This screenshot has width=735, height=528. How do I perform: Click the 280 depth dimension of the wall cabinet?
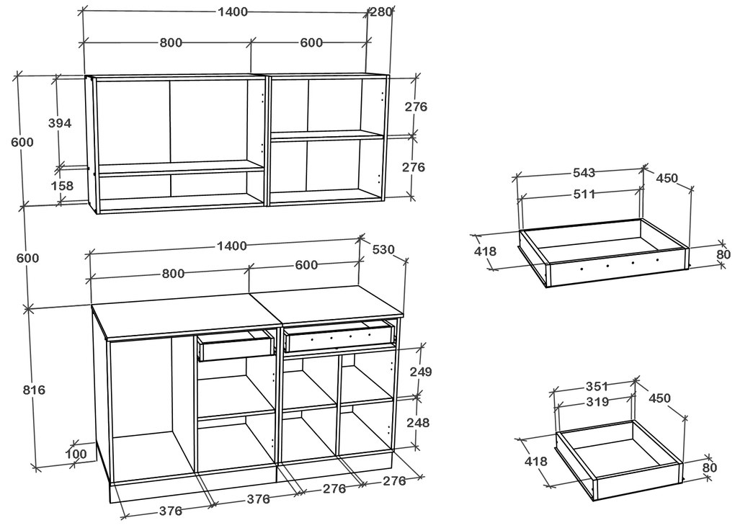coord(380,12)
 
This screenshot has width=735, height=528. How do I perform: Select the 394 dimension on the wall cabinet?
coord(60,123)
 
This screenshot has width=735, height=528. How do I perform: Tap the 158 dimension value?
coord(63,186)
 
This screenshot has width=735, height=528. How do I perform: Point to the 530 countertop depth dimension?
coord(383,249)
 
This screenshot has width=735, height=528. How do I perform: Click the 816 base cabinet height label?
coord(33,390)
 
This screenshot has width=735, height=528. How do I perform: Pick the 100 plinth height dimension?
coord(75,454)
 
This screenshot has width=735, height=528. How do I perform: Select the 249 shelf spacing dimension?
coord(420,372)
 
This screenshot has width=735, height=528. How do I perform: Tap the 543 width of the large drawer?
coord(584,173)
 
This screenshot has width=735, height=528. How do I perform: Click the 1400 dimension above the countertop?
coord(230,246)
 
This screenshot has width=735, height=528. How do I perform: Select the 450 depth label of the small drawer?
coord(659,398)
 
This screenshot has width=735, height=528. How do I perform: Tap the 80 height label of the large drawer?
coord(723,254)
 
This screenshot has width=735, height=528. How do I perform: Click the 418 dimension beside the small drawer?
coord(536,461)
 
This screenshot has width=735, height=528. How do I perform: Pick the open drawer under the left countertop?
coord(236,345)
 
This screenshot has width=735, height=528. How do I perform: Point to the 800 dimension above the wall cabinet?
coord(171,42)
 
